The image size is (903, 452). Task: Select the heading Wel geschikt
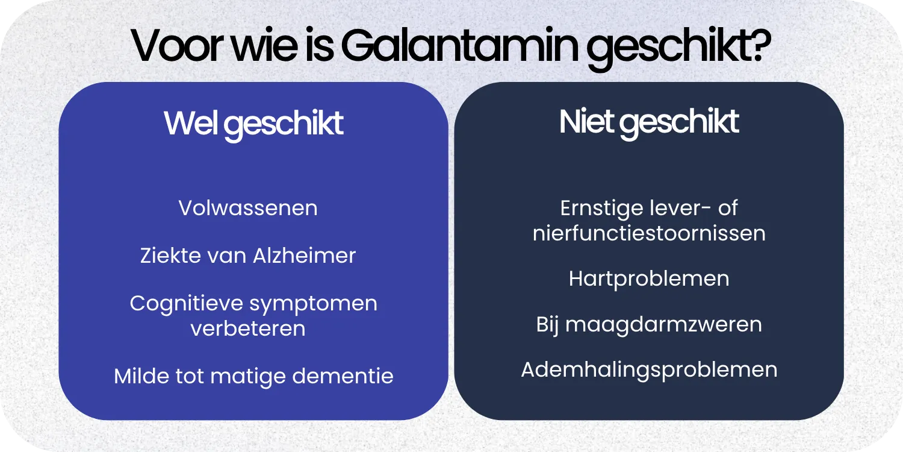pyautogui.click(x=253, y=124)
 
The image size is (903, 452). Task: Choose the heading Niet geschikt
pyautogui.click(x=649, y=122)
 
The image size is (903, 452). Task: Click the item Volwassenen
pyautogui.click(x=248, y=209)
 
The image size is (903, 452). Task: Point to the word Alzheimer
pyautogui.click(x=304, y=256)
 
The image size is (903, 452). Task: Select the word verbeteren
pyautogui.click(x=248, y=328)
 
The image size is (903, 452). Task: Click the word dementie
pyautogui.click(x=343, y=376)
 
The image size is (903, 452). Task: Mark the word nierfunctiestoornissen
pyautogui.click(x=649, y=233)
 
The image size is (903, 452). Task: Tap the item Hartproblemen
pyautogui.click(x=649, y=279)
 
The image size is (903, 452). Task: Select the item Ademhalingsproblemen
pyautogui.click(x=649, y=369)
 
